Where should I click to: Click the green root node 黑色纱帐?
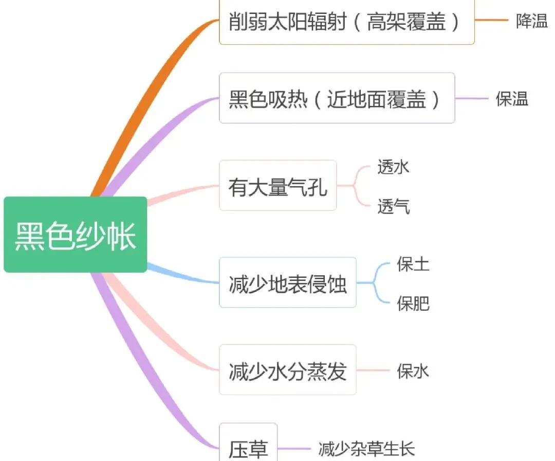pos(76,235)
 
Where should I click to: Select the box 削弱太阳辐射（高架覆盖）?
pos(346,23)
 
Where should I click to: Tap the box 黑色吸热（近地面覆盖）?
pos(337,98)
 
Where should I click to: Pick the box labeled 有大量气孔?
pos(277,186)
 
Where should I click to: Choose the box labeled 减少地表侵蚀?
pos(287,283)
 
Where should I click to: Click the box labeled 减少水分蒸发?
pos(287,370)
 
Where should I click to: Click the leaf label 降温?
pos(532,22)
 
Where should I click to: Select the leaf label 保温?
pos(512,99)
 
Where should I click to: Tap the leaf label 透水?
pos(394,167)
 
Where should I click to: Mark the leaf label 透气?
pos(394,206)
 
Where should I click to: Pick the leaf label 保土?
pos(413,264)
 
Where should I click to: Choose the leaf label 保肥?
pos(413,304)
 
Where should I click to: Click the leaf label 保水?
pos(413,370)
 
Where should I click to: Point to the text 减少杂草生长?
pos(366,449)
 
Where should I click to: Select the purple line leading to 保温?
pos(471,98)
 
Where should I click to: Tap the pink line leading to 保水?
pos(373,370)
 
